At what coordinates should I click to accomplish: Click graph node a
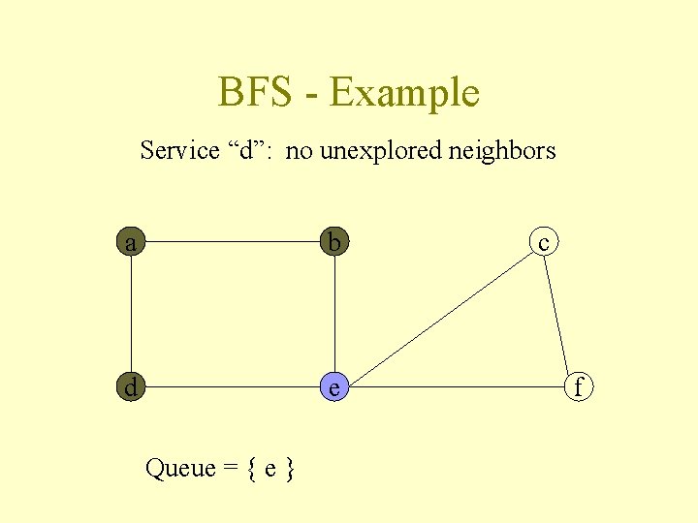(131, 242)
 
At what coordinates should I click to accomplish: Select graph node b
(334, 242)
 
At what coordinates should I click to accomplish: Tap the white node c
(544, 242)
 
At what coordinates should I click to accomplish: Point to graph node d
(131, 387)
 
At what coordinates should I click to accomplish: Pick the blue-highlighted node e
(334, 387)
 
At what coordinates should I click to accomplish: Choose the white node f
(579, 387)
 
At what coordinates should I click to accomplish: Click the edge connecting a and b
(233, 242)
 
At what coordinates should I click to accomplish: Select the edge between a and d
(131, 315)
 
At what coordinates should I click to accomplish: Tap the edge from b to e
(334, 315)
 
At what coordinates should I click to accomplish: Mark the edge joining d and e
(233, 387)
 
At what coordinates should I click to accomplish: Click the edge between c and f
(559, 315)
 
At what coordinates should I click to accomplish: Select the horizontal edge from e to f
(456, 387)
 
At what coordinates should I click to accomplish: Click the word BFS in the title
(254, 93)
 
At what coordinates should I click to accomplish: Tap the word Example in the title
(404, 93)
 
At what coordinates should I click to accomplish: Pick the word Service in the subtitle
(179, 150)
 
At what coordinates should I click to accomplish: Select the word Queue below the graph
(180, 469)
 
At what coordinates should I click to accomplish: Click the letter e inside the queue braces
(271, 470)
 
